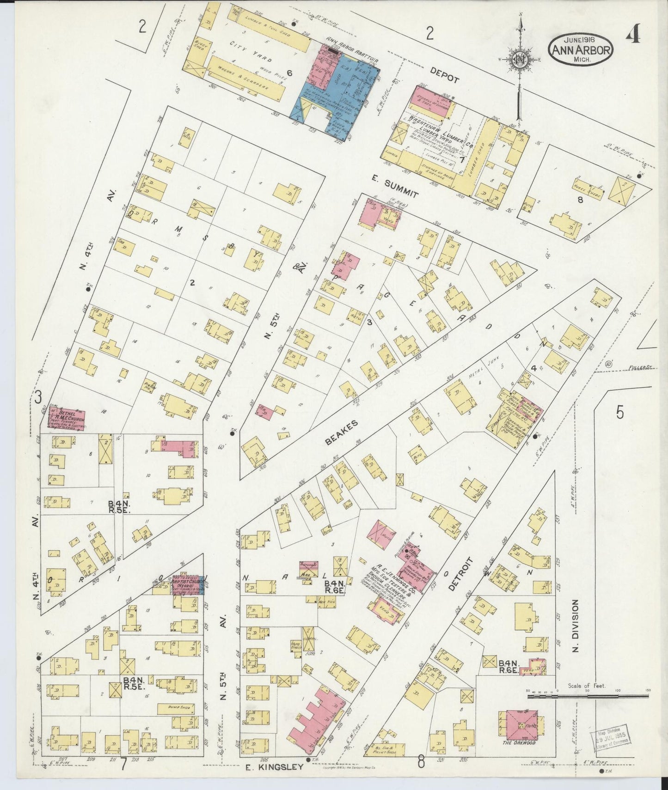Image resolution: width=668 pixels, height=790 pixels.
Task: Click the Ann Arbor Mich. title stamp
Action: tap(581, 49)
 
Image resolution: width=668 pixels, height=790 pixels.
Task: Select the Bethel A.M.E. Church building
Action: tap(68, 419)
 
